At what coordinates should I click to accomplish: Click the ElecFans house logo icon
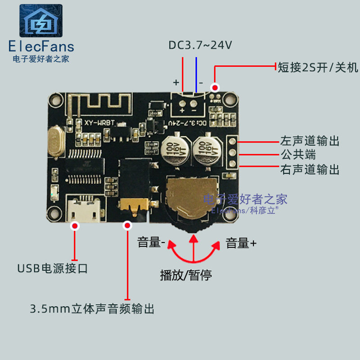(x=40, y=21)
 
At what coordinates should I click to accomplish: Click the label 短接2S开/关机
(x=318, y=68)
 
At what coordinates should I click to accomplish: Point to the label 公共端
(x=298, y=155)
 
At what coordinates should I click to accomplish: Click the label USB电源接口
(x=53, y=269)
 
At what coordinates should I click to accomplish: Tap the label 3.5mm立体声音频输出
(x=92, y=309)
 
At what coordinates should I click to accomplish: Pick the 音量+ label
(x=241, y=243)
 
